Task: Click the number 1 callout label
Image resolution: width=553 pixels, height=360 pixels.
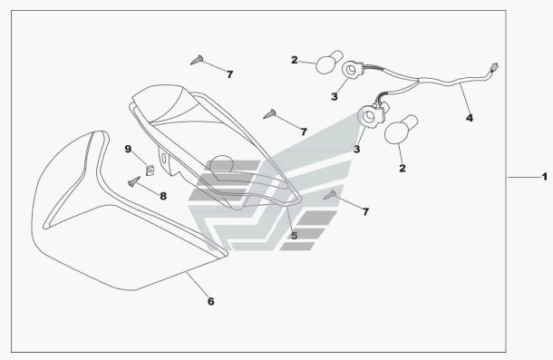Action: [x=545, y=177]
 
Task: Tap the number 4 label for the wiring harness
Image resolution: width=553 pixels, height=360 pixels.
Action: [x=469, y=118]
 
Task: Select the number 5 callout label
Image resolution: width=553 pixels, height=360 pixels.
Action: [x=294, y=236]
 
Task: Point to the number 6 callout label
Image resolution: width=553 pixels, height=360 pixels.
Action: [x=210, y=301]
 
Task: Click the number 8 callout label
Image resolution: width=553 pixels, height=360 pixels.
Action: [x=163, y=196]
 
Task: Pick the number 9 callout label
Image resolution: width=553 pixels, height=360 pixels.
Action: [x=128, y=149]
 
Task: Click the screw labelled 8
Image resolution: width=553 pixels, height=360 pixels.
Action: [x=134, y=181]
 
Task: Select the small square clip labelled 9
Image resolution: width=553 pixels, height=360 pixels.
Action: [x=150, y=170]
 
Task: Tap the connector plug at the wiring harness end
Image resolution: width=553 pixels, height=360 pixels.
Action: [x=493, y=67]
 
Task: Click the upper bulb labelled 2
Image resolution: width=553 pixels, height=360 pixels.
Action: [x=329, y=62]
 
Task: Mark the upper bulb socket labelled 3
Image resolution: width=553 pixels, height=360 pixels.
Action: [x=352, y=70]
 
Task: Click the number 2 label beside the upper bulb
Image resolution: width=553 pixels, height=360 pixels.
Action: [x=294, y=60]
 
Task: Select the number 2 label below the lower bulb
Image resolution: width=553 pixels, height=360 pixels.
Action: [x=402, y=169]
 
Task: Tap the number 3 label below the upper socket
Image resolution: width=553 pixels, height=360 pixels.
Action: [x=334, y=96]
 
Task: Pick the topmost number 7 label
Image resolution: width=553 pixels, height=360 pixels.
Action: [x=229, y=74]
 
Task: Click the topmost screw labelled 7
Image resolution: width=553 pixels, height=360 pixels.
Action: [x=197, y=60]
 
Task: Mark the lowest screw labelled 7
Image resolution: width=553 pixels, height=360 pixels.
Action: [x=330, y=195]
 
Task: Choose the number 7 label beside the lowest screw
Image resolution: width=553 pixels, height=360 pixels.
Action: [x=365, y=212]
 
